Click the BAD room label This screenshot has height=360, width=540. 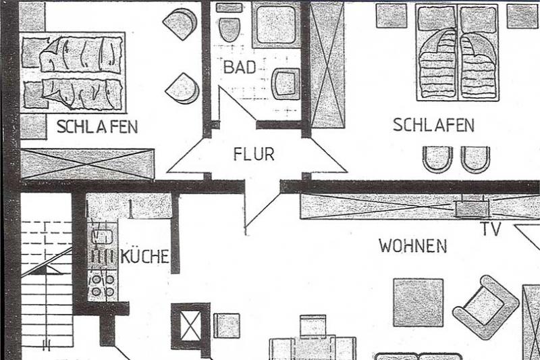click(x=240, y=68)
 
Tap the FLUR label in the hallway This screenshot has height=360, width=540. click(x=254, y=155)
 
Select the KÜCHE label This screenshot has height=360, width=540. click(x=144, y=257)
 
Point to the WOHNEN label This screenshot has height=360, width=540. click(x=412, y=245)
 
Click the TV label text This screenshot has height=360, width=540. click(x=491, y=230)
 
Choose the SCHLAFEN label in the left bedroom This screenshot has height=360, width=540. click(x=97, y=126)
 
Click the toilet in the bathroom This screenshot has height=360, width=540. click(x=230, y=26)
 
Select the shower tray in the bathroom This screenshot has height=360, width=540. click(x=276, y=24)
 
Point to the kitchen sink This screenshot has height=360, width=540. click(x=103, y=236)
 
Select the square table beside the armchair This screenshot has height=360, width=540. click(x=418, y=302)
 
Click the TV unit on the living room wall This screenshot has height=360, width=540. click(x=471, y=208)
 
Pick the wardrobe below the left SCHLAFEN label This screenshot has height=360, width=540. click(x=88, y=164)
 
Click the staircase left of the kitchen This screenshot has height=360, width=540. click(x=46, y=284)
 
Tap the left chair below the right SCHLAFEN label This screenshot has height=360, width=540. click(x=437, y=159)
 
